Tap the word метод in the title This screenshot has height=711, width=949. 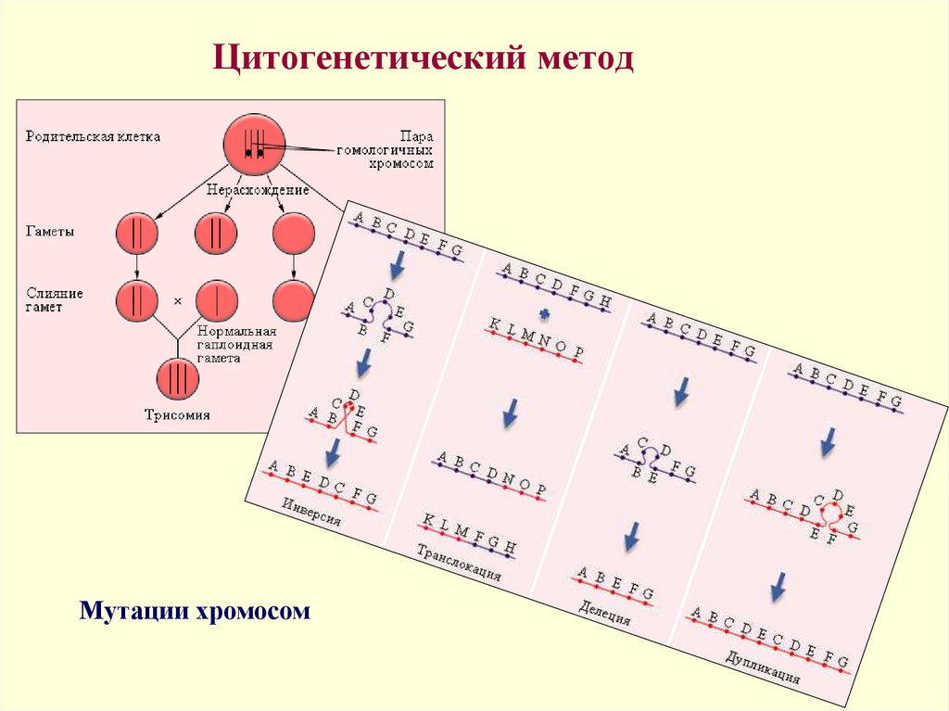[x=584, y=62]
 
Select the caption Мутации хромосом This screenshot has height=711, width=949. [x=195, y=611]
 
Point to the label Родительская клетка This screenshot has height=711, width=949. [x=93, y=136]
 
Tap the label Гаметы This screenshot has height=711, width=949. [x=51, y=233]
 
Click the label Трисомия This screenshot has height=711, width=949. [x=177, y=414]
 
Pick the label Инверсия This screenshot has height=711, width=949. [x=312, y=513]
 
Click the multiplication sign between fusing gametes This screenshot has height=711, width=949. [x=177, y=301]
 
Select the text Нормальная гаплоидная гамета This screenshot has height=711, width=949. [x=237, y=345]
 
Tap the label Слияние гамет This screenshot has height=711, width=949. [x=55, y=299]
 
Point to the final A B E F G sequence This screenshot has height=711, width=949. [x=614, y=585]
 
